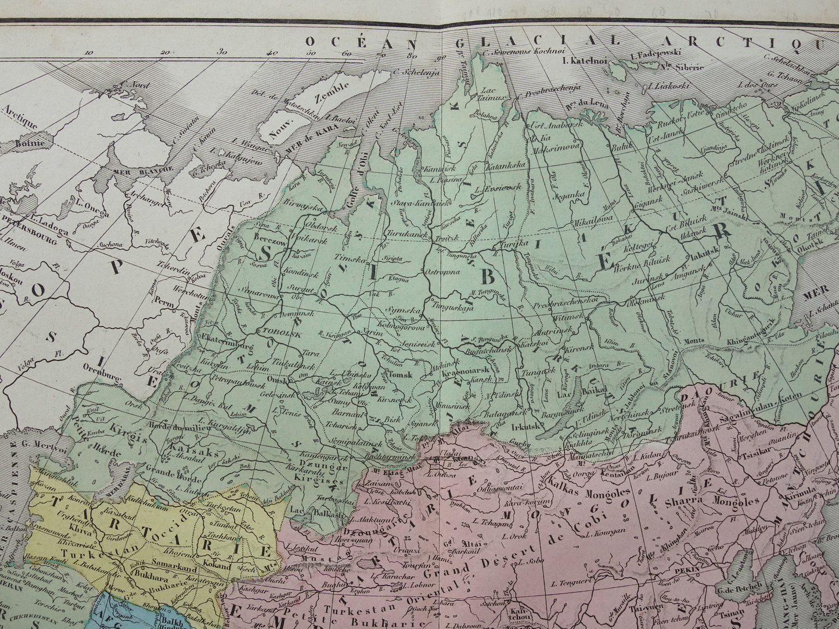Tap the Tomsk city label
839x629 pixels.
400,375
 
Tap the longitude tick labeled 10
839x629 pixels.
88,53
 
